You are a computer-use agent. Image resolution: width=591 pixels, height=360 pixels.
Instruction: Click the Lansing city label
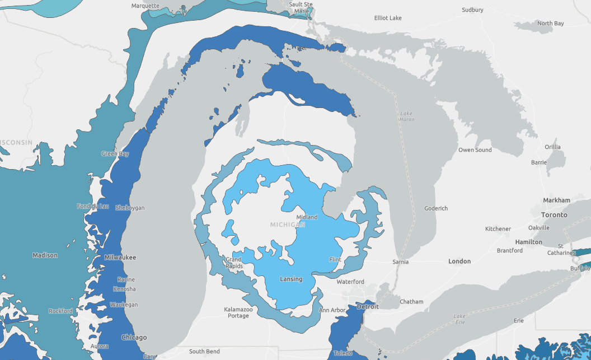pos(290,279)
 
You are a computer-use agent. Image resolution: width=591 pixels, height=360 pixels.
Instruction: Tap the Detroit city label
pos(368,306)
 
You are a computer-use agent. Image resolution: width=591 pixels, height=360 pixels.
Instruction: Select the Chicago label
pos(134,338)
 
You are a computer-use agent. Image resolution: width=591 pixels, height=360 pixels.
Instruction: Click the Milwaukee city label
pos(120,258)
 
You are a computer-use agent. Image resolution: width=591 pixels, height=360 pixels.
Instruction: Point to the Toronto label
pos(554,214)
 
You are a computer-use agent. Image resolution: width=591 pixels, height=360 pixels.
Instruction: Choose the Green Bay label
pos(115,153)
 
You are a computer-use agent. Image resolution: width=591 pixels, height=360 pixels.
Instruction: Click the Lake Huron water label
pos(407,116)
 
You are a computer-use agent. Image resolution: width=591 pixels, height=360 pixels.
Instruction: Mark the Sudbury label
pos(472,10)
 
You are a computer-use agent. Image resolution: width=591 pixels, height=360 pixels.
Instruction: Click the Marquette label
pos(145,6)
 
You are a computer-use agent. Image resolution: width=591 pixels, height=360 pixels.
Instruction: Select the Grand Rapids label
pos(234,263)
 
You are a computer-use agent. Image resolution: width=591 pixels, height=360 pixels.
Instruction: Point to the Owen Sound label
pos(475,150)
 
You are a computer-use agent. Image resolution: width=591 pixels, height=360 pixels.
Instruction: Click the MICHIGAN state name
pos(288,225)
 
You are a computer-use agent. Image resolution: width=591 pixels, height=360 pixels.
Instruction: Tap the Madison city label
pos(45,255)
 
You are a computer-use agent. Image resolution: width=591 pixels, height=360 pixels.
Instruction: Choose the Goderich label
pos(436,208)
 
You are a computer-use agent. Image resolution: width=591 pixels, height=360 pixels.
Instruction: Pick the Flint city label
pos(335,260)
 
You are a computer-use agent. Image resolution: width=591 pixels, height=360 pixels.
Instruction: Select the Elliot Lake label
pos(388,18)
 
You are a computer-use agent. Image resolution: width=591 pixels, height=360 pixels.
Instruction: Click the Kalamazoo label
pos(238,309)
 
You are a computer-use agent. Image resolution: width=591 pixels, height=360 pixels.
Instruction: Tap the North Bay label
pos(550,24)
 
